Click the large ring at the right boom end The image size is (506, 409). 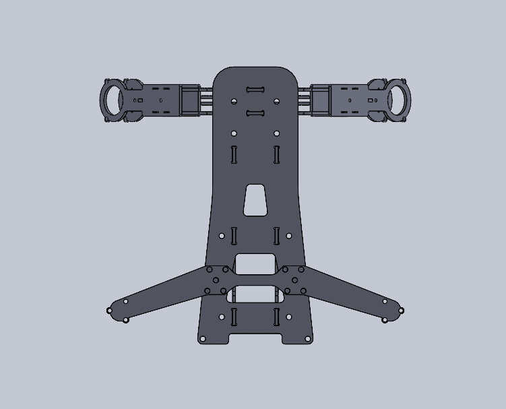pos(398,99)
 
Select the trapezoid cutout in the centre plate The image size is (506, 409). pos(255,200)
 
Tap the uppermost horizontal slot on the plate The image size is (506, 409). pos(255,90)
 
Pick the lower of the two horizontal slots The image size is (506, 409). pos(255,113)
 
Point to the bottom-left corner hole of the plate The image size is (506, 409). pos(203,339)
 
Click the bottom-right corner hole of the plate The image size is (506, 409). pos(308,339)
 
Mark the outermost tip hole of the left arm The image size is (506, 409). pos(110,311)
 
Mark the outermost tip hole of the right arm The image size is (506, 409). pos(401,311)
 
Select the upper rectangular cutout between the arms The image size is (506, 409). pos(255,263)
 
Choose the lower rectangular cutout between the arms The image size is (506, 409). pos(255,294)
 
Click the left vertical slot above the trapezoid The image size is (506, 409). pos(234,154)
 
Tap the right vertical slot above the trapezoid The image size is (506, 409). pos(276,154)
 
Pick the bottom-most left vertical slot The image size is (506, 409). pos(234,317)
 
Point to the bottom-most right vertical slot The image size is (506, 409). pos(276,317)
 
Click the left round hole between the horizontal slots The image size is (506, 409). pos(234,102)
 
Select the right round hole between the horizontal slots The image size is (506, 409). pos(276,102)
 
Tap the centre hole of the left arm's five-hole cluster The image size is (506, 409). pos(216,280)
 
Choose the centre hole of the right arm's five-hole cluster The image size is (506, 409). pos(294,280)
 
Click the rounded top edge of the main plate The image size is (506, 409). pos(255,67)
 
